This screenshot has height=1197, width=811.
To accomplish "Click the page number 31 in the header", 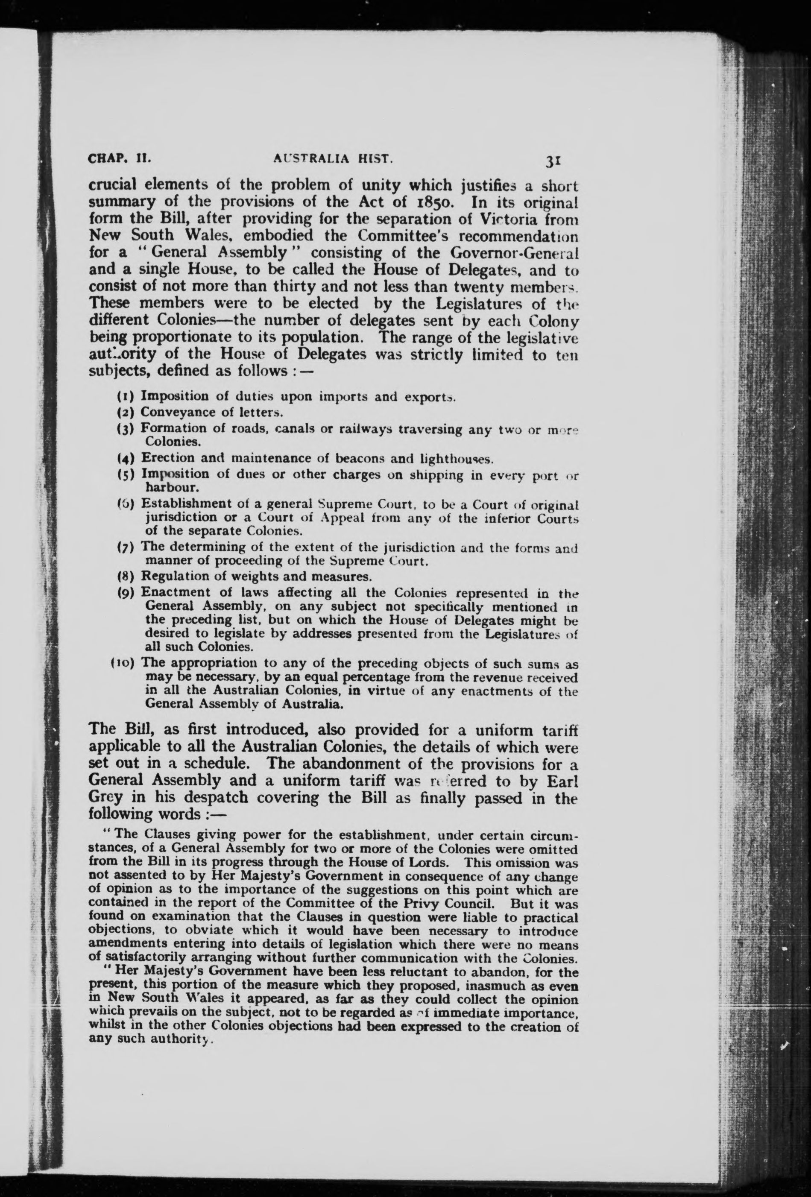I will (553, 161).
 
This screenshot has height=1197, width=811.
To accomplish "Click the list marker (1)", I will (125, 397).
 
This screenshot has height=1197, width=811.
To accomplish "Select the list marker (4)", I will (125, 458).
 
